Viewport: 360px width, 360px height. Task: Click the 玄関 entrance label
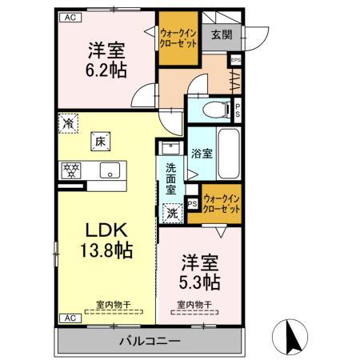(x=222, y=34)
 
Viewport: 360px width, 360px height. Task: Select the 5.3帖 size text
(x=200, y=282)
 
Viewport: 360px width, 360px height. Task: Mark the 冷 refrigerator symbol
(x=70, y=125)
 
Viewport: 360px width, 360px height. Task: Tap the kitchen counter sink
(x=109, y=170)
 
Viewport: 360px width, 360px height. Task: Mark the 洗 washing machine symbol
(x=172, y=214)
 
